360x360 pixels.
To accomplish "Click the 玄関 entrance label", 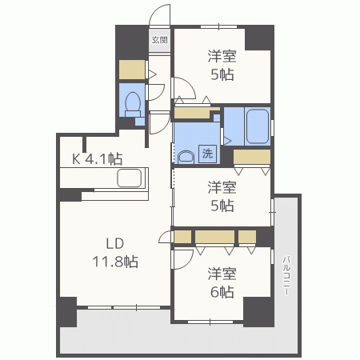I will pyautogui.click(x=159, y=39).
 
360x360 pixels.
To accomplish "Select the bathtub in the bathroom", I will pyautogui.click(x=258, y=126).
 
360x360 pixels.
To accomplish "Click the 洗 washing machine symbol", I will pyautogui.click(x=206, y=154).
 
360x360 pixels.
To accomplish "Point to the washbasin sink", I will pyautogui.click(x=186, y=156).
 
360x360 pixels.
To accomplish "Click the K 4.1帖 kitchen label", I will pyautogui.click(x=98, y=158).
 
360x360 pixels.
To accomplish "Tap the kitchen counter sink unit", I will pyautogui.click(x=129, y=178).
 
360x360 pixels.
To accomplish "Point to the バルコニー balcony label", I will pyautogui.click(x=286, y=276).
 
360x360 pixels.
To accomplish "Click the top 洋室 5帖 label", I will pyautogui.click(x=222, y=65).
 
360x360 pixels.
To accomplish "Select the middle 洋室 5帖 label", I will pyautogui.click(x=222, y=197).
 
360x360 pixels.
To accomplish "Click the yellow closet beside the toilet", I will pyautogui.click(x=130, y=70).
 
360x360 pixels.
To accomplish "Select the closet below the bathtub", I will pyautogui.click(x=253, y=157).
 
